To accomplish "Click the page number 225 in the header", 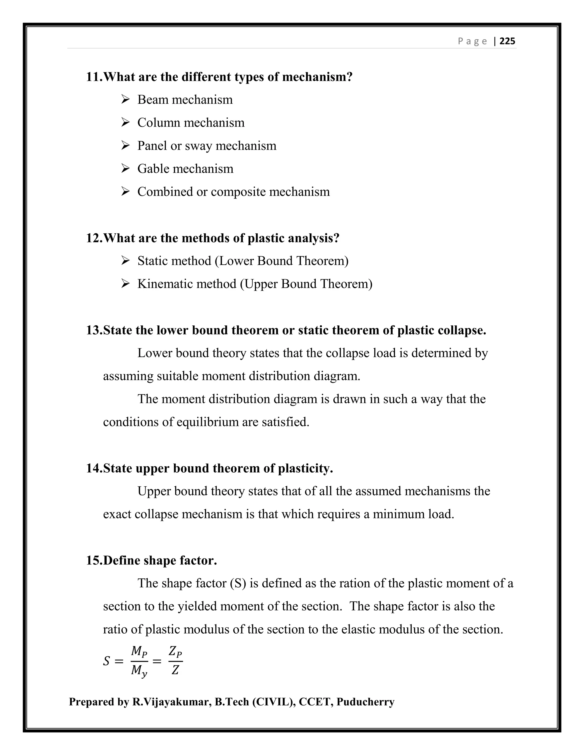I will [507, 42].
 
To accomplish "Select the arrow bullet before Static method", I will [125, 261].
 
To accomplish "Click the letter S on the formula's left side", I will [107, 661].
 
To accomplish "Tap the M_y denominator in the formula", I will [139, 671].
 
